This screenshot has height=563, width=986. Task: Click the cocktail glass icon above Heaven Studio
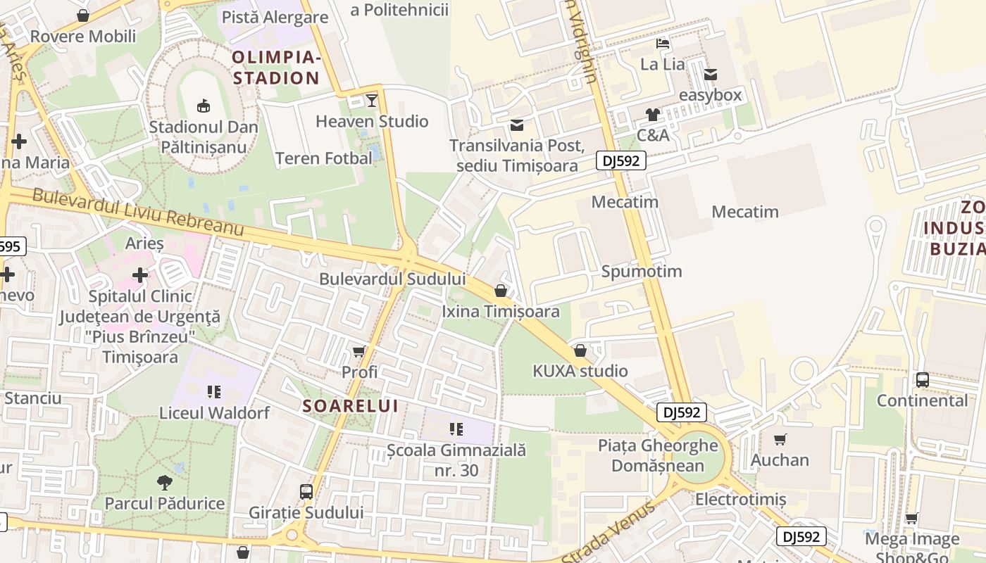(372, 101)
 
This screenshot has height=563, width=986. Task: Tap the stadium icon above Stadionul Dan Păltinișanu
(204, 106)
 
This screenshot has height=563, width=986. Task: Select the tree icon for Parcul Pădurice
(165, 483)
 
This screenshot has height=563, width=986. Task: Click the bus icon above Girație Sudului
(306, 491)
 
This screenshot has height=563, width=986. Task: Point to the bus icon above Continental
(922, 380)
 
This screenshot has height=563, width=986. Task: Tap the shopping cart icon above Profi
(359, 351)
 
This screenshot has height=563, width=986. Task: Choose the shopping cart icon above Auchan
(780, 440)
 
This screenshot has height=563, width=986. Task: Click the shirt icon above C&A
(653, 115)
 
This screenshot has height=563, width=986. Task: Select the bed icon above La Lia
(662, 44)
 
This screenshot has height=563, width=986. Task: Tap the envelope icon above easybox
(710, 74)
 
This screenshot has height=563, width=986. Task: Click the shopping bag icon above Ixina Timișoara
(501, 291)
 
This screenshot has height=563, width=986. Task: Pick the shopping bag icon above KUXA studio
(580, 350)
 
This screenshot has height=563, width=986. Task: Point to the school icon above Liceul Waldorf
(214, 392)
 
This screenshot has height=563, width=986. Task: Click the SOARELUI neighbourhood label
(351, 406)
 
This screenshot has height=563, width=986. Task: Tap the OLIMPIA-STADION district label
(276, 68)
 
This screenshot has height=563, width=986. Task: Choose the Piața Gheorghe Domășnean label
(658, 455)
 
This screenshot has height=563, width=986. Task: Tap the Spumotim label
(642, 272)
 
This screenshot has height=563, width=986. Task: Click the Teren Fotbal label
(324, 158)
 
